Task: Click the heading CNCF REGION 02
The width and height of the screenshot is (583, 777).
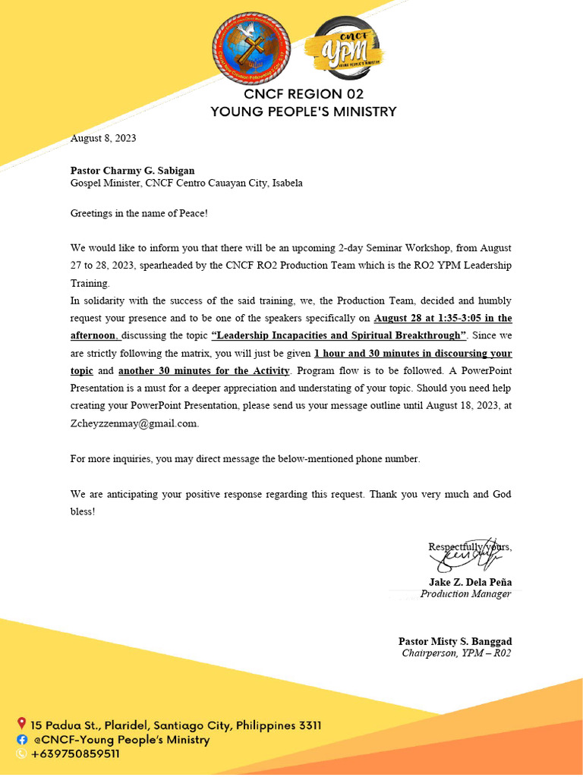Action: tap(303, 94)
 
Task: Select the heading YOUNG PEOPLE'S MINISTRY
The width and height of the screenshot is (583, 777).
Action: tap(303, 112)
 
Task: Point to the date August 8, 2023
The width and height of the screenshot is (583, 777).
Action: tap(103, 138)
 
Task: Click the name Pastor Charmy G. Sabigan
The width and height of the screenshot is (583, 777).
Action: tap(137, 171)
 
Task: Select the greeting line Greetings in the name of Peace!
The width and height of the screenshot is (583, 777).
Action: tap(139, 214)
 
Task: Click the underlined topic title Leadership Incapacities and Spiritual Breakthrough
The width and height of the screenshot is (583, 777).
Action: tap(339, 335)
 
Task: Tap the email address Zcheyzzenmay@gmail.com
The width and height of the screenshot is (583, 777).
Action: tap(134, 424)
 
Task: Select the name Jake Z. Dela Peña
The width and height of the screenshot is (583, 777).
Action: tap(470, 582)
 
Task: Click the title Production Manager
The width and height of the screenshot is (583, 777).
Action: tap(465, 594)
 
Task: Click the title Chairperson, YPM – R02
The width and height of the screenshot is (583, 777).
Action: tap(456, 653)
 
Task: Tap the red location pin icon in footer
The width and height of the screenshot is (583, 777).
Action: tap(21, 724)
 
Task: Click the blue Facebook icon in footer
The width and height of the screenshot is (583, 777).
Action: tap(21, 739)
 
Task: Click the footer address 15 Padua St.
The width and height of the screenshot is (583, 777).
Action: tap(175, 725)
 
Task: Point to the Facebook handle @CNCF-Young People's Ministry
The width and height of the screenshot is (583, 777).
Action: tap(120, 740)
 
